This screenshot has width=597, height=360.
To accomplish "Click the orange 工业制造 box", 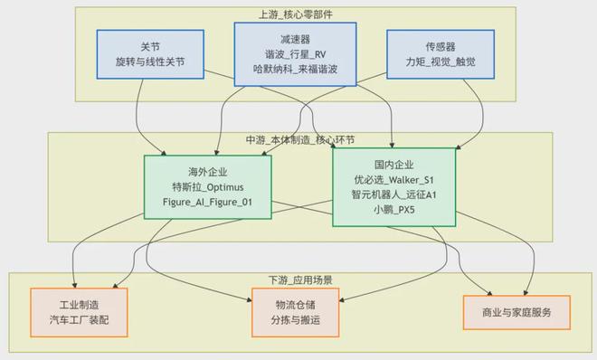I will (79, 312).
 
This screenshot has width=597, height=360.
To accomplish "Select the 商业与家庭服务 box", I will (516, 312).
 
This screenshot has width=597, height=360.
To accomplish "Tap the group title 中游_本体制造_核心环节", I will (298, 140).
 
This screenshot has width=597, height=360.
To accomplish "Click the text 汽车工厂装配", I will (79, 320).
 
